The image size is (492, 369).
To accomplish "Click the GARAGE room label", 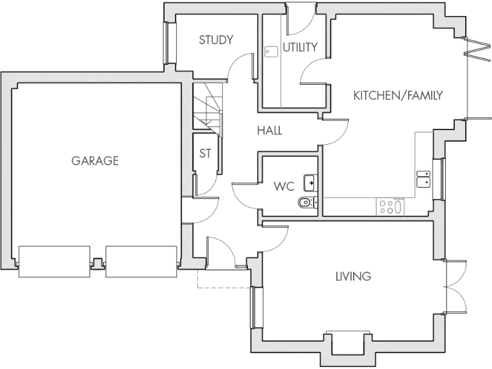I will point(95,161).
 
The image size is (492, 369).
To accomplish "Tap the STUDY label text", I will point(215,40).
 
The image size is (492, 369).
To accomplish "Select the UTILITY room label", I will point(300,47).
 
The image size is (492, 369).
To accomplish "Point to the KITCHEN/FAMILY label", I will point(398,96).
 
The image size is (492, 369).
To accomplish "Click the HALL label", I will point(270,131).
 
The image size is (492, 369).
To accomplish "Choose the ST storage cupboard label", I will point(205,154).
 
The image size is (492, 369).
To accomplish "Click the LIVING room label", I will point(353,277).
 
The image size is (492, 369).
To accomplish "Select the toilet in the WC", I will point(306,204).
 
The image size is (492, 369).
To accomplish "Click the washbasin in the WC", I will point(310,183).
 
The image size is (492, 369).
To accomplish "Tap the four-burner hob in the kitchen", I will point(390,206).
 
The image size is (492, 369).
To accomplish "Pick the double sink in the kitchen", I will point(423,178).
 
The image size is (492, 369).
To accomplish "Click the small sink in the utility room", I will point(271,51).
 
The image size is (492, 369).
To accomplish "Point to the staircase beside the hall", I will point(207,109).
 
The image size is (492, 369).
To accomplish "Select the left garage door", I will point(54,261).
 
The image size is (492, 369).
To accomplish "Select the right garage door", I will point(140,261).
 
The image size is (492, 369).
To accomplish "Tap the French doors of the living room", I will point(456,286).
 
